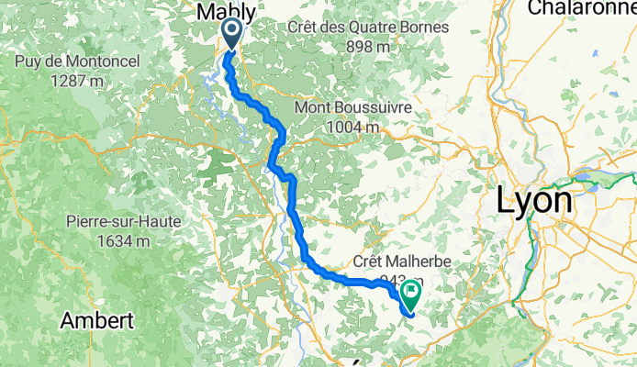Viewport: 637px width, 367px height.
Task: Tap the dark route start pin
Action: (229, 35)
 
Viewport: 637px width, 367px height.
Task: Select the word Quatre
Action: (373, 28)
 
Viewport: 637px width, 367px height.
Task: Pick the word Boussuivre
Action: (373, 108)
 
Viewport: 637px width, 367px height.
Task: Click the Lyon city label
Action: (534, 201)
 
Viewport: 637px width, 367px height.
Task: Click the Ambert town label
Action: (96, 321)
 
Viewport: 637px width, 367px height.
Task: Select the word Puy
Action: (28, 61)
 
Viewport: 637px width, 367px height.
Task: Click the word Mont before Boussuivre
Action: (313, 108)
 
